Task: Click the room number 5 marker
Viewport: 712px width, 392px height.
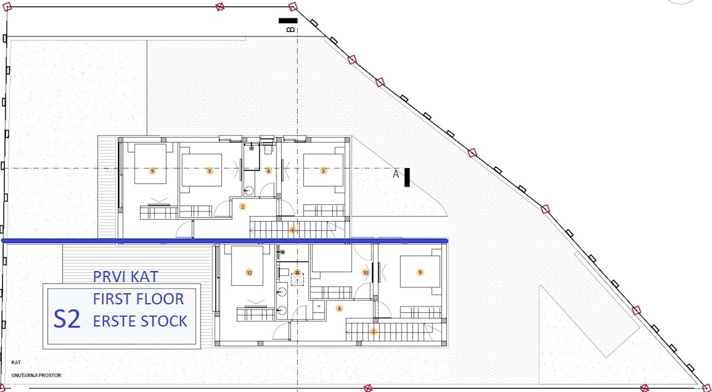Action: click(x=209, y=171)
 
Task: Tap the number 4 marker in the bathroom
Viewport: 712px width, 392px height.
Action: click(x=268, y=171)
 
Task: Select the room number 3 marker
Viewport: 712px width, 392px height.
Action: click(x=323, y=171)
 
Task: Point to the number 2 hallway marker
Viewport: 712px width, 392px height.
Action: click(x=243, y=207)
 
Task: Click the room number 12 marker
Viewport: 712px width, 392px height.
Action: click(x=249, y=273)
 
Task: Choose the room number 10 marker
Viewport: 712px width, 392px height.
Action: click(x=365, y=273)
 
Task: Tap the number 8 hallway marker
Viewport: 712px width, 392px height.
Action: click(x=339, y=308)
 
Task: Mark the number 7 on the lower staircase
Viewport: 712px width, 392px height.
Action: click(x=374, y=332)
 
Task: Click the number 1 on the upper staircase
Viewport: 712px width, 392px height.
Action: click(x=293, y=230)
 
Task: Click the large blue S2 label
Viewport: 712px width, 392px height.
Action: click(x=66, y=319)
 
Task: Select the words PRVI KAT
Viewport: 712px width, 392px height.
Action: click(x=126, y=277)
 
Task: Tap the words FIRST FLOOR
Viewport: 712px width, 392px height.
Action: click(x=138, y=299)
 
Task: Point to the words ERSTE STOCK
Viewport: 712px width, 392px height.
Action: click(x=140, y=321)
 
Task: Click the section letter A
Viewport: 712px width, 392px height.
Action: click(x=396, y=174)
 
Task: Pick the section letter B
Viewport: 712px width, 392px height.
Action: click(x=291, y=30)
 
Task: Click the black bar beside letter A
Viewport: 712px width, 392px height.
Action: click(x=407, y=177)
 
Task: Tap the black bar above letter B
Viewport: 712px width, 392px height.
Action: click(x=288, y=21)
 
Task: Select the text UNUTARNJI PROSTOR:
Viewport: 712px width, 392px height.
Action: click(x=37, y=375)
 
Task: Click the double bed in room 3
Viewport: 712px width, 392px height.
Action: click(x=324, y=170)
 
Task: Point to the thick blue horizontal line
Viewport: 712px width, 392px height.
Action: click(x=225, y=241)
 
